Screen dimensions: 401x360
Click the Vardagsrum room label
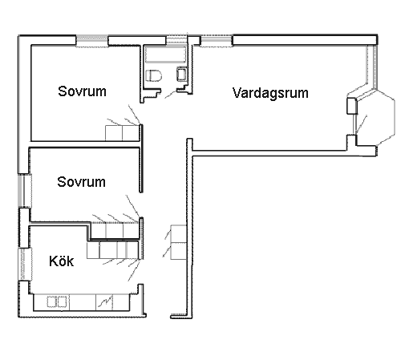click(x=270, y=93)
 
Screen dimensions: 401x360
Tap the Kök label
click(x=61, y=261)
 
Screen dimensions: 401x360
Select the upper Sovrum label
click(x=82, y=91)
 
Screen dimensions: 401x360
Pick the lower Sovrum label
click(x=81, y=182)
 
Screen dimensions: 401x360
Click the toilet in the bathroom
click(x=154, y=75)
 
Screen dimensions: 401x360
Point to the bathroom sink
click(x=182, y=74)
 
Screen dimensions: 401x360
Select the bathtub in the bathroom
click(x=166, y=55)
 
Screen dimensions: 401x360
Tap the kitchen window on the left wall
click(x=26, y=264)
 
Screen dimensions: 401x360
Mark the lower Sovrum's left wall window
click(x=25, y=191)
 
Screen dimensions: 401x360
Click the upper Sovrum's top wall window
click(x=92, y=41)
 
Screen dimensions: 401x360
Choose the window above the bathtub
click(x=176, y=39)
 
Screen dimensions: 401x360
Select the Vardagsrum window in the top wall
click(x=217, y=40)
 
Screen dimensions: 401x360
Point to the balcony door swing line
click(x=362, y=124)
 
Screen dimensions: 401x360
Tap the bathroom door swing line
click(x=170, y=95)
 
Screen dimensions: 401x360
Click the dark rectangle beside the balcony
click(x=352, y=106)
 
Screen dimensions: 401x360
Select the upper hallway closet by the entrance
click(x=179, y=233)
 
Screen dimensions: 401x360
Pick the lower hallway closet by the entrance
click(x=179, y=251)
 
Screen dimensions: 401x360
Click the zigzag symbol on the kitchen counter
click(x=105, y=301)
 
